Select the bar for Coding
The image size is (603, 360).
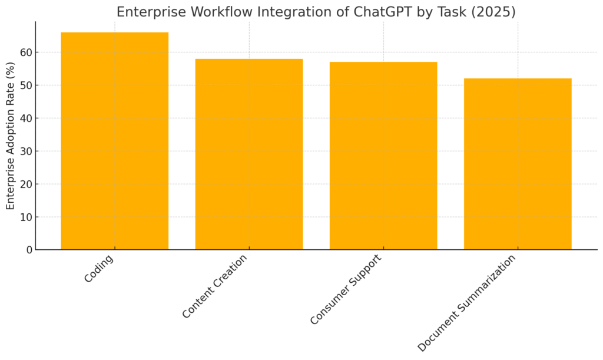pyautogui.click(x=115, y=141)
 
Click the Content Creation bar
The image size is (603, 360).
pyautogui.click(x=249, y=154)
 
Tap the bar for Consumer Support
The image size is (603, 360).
pyautogui.click(x=383, y=156)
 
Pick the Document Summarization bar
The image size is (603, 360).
pyautogui.click(x=518, y=164)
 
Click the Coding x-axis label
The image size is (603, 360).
pyautogui.click(x=99, y=269)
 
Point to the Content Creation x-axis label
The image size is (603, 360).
pyautogui.click(x=214, y=286)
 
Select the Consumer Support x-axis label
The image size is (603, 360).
pyautogui.click(x=346, y=289)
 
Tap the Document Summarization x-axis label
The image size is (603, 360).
pyautogui.click(x=466, y=303)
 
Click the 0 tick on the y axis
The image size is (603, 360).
pyautogui.click(x=29, y=250)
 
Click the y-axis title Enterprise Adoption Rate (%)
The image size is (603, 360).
pyautogui.click(x=11, y=136)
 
